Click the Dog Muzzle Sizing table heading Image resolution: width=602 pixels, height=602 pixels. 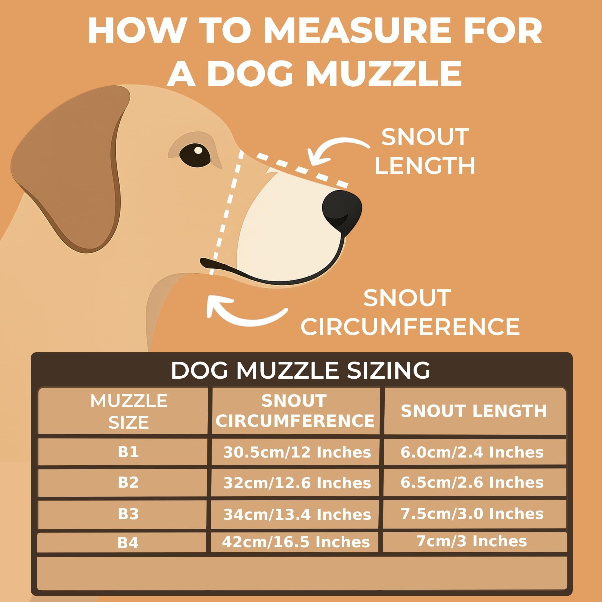point(300,370)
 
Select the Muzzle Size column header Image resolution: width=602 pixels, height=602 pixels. point(129,411)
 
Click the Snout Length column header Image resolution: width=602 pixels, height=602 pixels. point(473,411)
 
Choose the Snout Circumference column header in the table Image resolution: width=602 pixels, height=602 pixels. point(295,411)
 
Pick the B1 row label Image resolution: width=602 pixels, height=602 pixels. point(128,452)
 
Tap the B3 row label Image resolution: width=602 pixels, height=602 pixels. point(128,514)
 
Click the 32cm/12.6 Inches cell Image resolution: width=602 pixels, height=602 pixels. point(297,483)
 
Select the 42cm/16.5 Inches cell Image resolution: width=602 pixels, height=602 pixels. point(296,542)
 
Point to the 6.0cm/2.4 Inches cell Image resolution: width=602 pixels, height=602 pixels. point(472,452)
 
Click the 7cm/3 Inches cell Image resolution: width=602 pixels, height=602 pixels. point(472,541)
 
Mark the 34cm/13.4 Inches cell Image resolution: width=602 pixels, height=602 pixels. point(297,514)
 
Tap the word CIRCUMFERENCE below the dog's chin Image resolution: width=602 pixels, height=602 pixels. point(410,327)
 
